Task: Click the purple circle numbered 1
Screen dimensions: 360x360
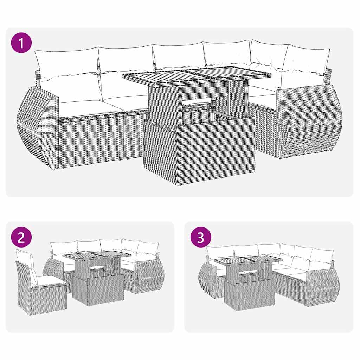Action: coord(22,44)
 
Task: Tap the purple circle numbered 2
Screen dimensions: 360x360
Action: coord(21,238)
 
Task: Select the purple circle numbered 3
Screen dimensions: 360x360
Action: coord(200,238)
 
